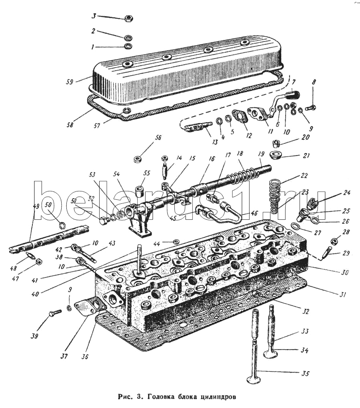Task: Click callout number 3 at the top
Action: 94,16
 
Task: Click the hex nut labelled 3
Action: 128,18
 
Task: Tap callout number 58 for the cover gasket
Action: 70,124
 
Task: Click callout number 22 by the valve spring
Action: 304,176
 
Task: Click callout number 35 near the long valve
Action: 305,373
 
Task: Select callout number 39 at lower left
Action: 34,336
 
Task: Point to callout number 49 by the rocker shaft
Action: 36,206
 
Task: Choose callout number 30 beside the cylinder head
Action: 345,273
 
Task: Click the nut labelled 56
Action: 137,159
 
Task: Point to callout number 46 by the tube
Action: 254,213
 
